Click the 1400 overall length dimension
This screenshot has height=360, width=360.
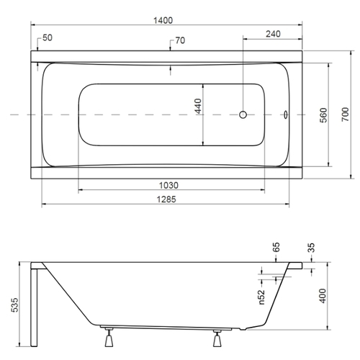click(163, 20)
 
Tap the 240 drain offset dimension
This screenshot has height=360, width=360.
click(273, 34)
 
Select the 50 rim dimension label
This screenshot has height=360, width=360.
click(48, 37)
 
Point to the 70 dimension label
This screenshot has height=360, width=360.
click(180, 40)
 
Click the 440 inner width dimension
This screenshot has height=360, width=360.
click(198, 106)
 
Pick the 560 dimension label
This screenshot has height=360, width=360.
click(323, 115)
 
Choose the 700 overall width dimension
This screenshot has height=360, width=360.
click(345, 114)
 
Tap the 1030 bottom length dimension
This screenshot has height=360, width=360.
click(168, 186)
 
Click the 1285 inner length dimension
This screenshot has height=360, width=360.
click(166, 199)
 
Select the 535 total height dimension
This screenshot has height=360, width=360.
click(14, 305)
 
